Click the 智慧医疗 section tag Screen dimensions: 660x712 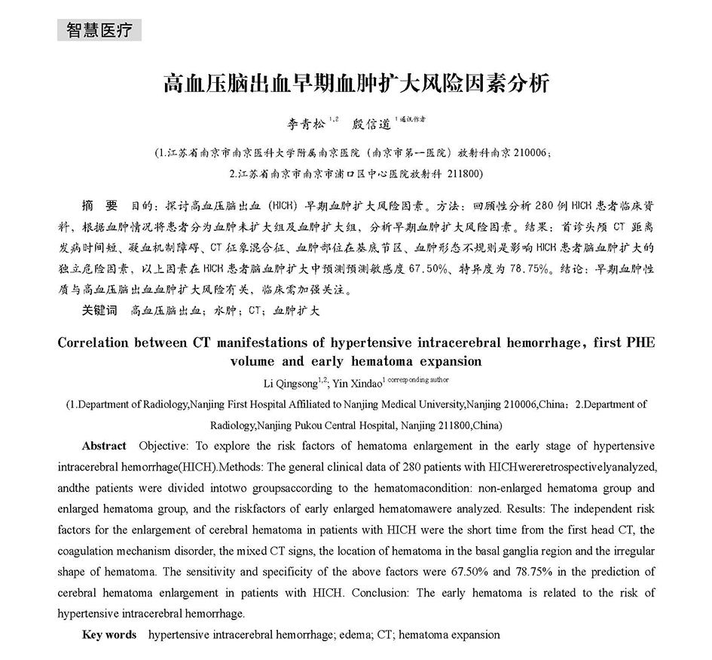pos(99,30)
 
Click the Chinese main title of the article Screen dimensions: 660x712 pos(356,82)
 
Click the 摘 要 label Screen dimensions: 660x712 pos(100,205)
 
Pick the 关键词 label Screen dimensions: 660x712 pos(100,309)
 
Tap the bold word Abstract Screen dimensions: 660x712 pos(104,446)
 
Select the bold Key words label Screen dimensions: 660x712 pos(109,634)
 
